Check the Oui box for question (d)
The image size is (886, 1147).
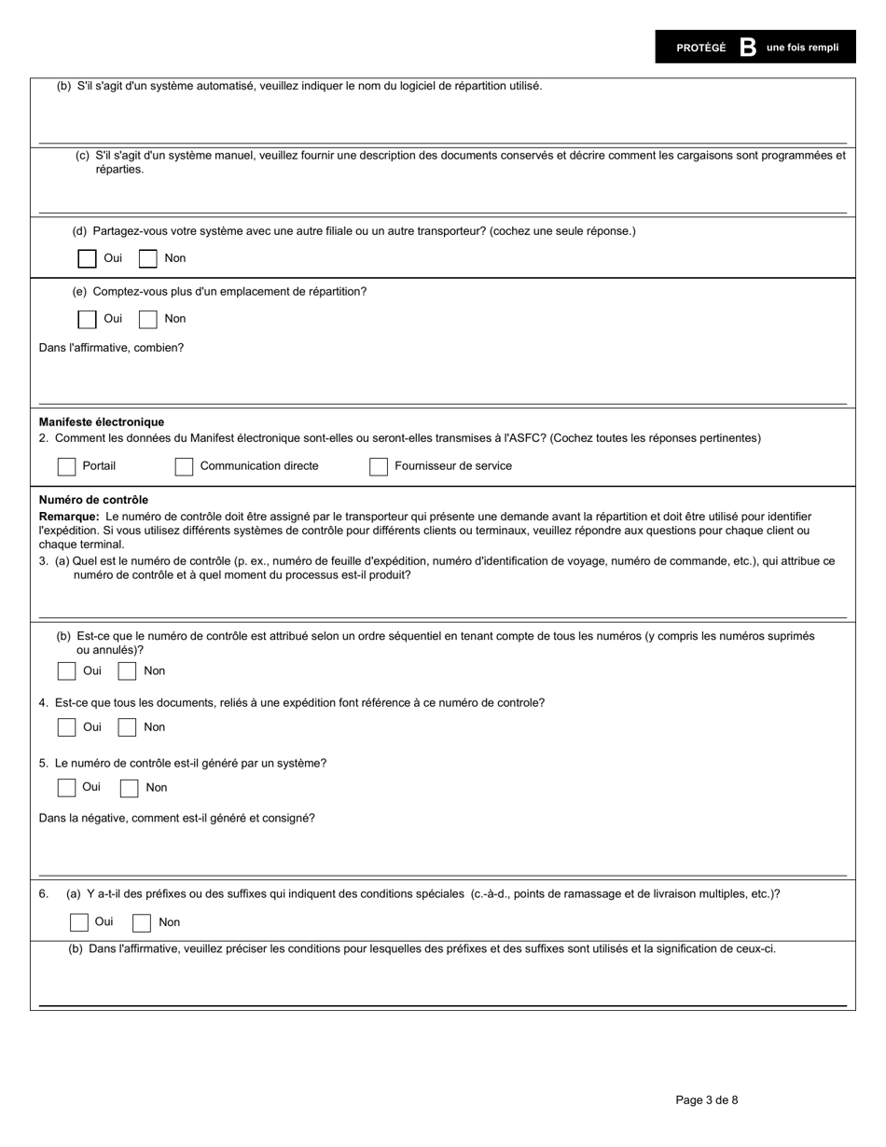(x=87, y=258)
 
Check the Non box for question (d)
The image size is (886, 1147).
(x=147, y=258)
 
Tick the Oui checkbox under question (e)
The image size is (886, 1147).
(x=87, y=319)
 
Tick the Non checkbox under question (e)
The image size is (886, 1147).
(x=147, y=319)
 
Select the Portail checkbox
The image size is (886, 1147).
(x=66, y=466)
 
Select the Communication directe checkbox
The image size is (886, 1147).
(x=184, y=466)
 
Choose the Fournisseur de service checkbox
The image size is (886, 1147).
(x=378, y=466)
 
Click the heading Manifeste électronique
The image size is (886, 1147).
(x=101, y=422)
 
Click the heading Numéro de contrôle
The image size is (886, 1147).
(x=93, y=500)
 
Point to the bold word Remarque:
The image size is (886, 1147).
(x=69, y=517)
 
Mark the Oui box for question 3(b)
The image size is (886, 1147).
(x=66, y=671)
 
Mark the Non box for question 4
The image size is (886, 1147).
(x=127, y=727)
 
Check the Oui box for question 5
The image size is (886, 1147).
(x=66, y=787)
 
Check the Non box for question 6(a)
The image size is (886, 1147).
(x=142, y=922)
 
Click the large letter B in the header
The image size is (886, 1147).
(x=747, y=48)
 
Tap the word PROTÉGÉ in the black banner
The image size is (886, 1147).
(x=700, y=48)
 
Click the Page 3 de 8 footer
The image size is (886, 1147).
(x=706, y=1100)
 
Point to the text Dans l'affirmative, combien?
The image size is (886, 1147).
(x=111, y=348)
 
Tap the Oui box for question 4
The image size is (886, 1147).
(x=66, y=727)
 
